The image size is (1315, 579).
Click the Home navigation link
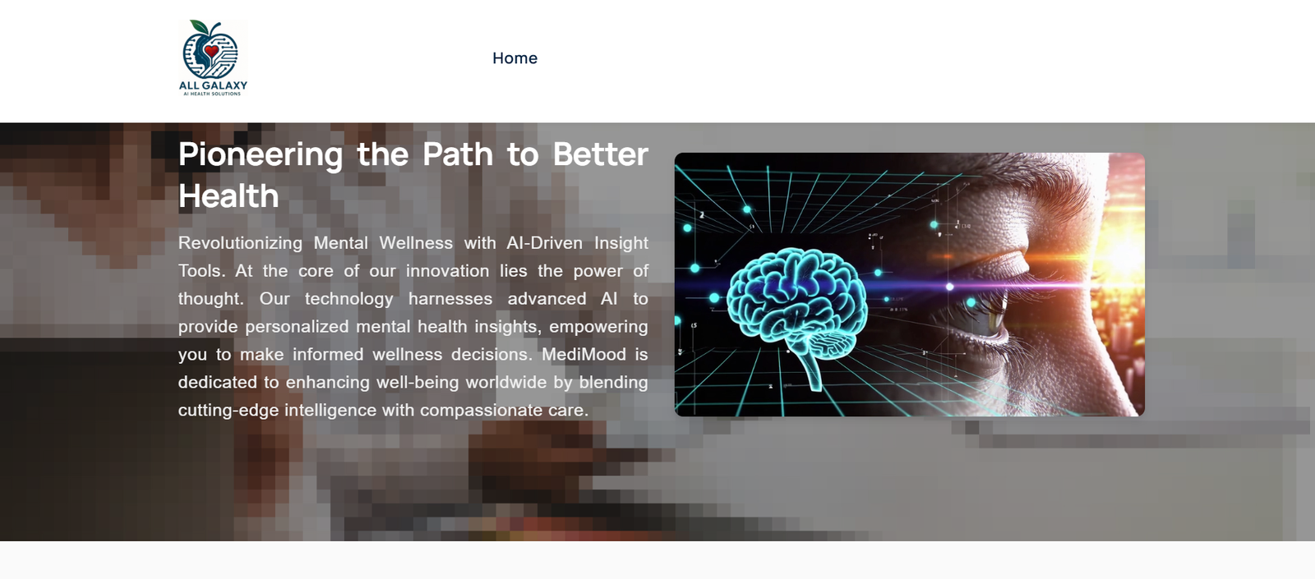pyautogui.click(x=514, y=58)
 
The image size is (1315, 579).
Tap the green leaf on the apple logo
pyautogui.click(x=199, y=26)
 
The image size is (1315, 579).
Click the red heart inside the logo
pyautogui.click(x=211, y=52)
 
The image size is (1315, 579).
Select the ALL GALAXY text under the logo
pyautogui.click(x=213, y=85)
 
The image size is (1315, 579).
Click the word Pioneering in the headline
pyautogui.click(x=261, y=154)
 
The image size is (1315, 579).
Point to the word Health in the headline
pyautogui.click(x=228, y=196)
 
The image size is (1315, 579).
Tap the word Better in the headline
pyautogui.click(x=601, y=154)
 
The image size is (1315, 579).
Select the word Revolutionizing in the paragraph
pyautogui.click(x=240, y=243)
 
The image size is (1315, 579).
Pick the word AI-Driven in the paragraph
pyautogui.click(x=544, y=243)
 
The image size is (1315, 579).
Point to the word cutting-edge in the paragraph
pyautogui.click(x=228, y=410)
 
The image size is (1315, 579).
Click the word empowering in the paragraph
pyautogui.click(x=598, y=327)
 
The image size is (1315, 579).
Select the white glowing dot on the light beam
pyautogui.click(x=949, y=287)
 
